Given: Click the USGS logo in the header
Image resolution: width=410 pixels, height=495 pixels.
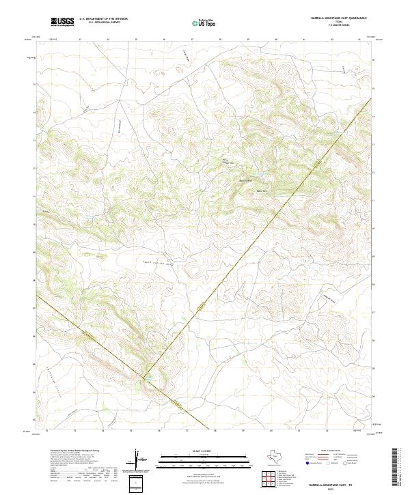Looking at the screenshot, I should point(61,23).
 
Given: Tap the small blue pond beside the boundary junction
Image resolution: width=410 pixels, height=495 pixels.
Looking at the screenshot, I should point(146,375).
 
